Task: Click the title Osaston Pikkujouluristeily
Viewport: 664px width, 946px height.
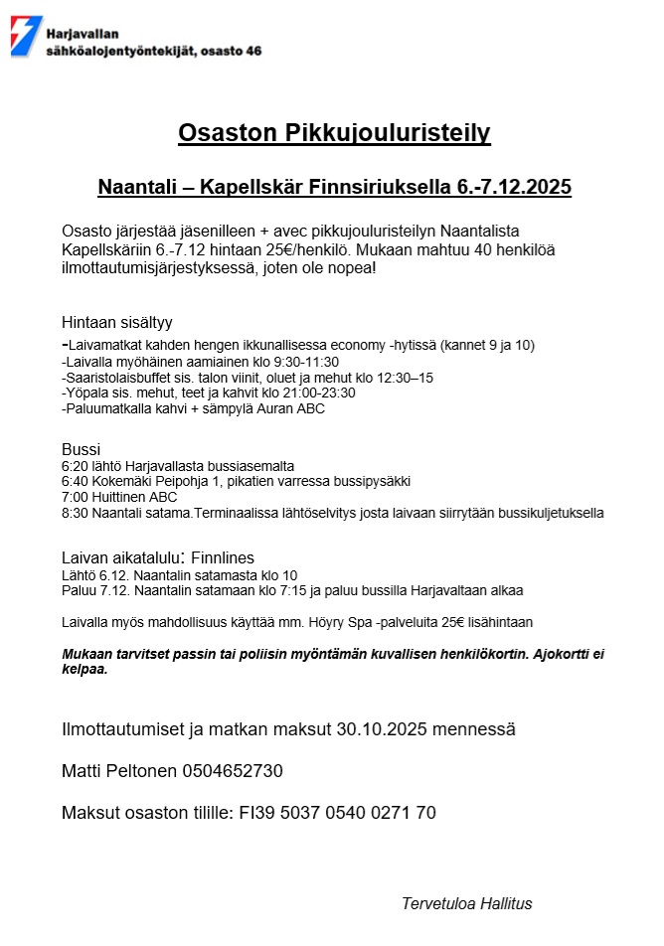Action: (x=334, y=133)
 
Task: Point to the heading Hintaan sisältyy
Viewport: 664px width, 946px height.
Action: (x=117, y=322)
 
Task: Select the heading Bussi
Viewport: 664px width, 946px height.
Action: (x=81, y=449)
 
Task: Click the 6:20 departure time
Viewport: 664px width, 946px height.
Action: (x=76, y=466)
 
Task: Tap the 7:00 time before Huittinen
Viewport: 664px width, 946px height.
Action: (x=76, y=498)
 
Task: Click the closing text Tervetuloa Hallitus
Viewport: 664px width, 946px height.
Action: (x=466, y=903)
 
